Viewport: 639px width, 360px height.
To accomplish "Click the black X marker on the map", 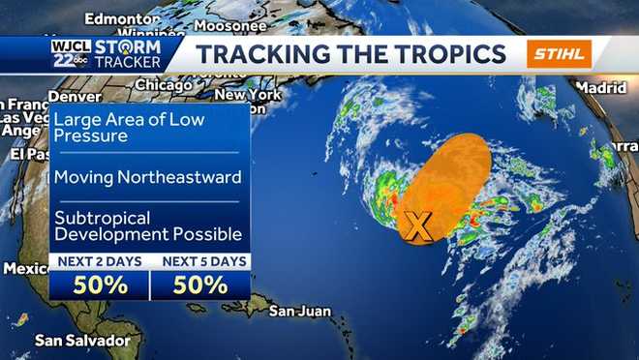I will tap(417, 226).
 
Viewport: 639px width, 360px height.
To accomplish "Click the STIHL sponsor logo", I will tap(559, 53).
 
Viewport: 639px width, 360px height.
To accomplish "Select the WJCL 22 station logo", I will tap(72, 53).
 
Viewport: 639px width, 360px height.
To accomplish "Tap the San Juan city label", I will tap(300, 312).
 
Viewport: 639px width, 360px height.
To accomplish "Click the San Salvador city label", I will tap(82, 341).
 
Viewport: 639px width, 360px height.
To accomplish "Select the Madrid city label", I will tap(601, 87).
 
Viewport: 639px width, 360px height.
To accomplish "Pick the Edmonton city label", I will tap(121, 18).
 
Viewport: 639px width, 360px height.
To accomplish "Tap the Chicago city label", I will tap(164, 85).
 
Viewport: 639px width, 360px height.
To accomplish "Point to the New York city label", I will tap(247, 95).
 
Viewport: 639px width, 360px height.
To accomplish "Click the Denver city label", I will tap(75, 97).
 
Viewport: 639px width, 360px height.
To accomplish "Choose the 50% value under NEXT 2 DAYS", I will tap(101, 285).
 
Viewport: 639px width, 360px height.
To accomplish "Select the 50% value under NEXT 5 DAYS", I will tap(200, 285).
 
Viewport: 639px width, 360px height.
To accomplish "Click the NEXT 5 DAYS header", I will tap(200, 261).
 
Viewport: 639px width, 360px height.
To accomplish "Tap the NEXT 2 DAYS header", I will tap(101, 261).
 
